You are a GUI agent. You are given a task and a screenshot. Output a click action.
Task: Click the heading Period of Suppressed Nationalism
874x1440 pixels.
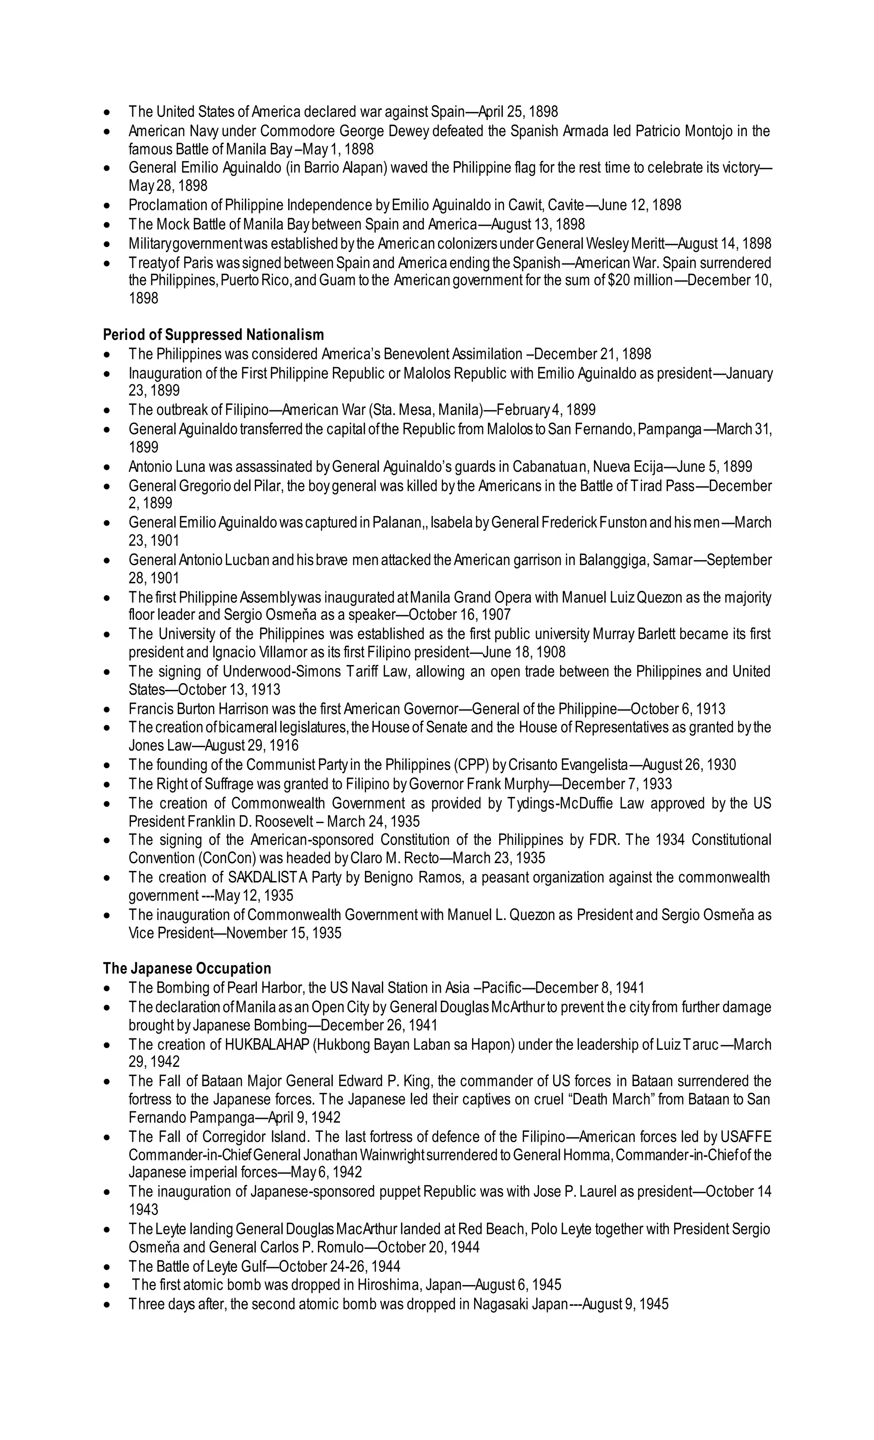pos(213,335)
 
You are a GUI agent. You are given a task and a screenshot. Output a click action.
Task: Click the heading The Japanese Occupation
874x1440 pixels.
pos(187,968)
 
